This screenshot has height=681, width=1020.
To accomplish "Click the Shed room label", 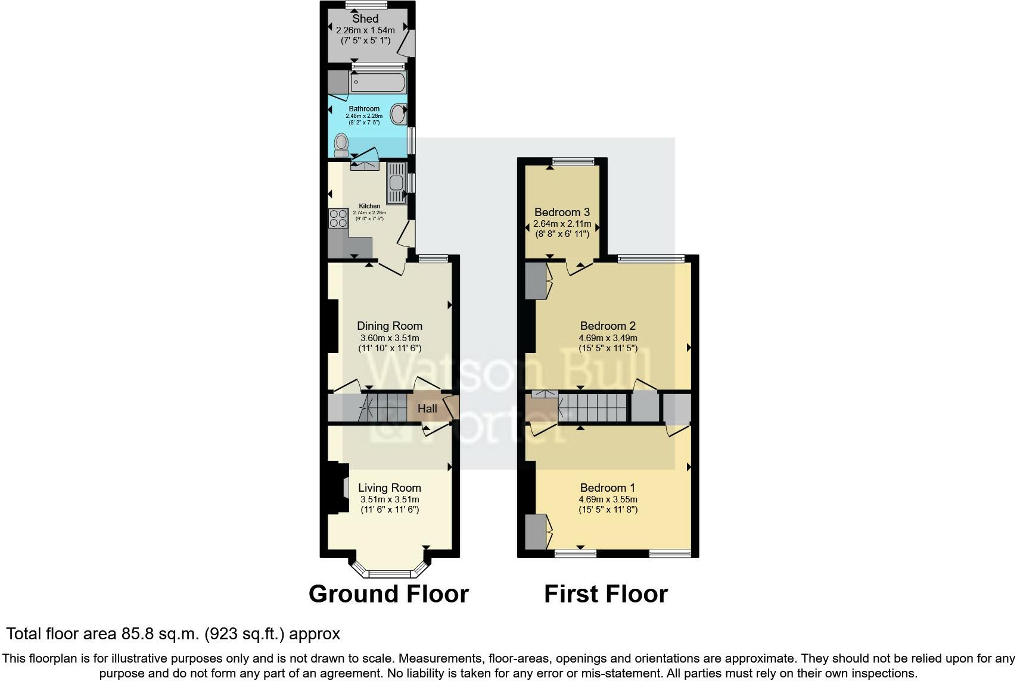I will click(x=365, y=19).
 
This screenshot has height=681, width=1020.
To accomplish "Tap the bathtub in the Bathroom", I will click(x=378, y=82).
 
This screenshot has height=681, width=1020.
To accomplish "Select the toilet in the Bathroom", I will click(x=341, y=144).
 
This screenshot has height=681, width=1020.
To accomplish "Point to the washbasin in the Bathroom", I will click(x=399, y=113).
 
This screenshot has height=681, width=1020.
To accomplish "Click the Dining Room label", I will click(x=390, y=326).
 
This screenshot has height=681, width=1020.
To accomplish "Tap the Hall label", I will click(x=427, y=408).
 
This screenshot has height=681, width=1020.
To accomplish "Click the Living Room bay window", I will click(x=390, y=573).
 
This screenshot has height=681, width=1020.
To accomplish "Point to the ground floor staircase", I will click(x=384, y=408).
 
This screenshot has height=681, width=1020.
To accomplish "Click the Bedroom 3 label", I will click(x=562, y=212).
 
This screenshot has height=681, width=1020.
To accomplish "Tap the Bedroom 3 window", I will click(x=573, y=161).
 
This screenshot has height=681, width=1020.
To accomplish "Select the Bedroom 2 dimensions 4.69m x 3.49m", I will click(x=608, y=338).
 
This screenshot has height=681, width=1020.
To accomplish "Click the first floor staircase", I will click(x=593, y=408).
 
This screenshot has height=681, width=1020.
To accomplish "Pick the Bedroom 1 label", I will click(x=608, y=488).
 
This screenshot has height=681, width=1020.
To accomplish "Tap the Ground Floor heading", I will click(x=388, y=594).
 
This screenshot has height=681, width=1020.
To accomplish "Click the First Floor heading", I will click(x=605, y=594).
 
